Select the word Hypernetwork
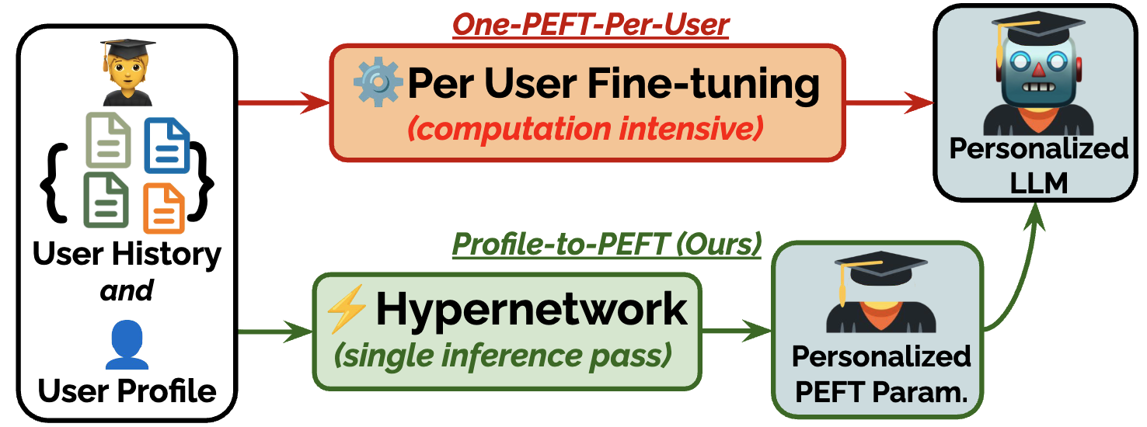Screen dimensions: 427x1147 pos(532,310)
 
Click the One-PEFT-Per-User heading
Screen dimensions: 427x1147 pos(591,25)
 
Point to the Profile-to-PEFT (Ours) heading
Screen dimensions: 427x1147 pos(606,245)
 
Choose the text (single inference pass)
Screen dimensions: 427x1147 pos(502,355)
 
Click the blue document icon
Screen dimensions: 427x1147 pos(167,144)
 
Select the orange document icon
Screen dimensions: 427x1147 pos(164,207)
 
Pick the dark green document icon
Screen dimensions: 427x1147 pos(106,200)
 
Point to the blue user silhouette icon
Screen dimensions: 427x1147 pos(127,346)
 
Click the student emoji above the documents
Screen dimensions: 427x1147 pos(126,74)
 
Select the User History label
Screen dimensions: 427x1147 pos(127,255)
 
